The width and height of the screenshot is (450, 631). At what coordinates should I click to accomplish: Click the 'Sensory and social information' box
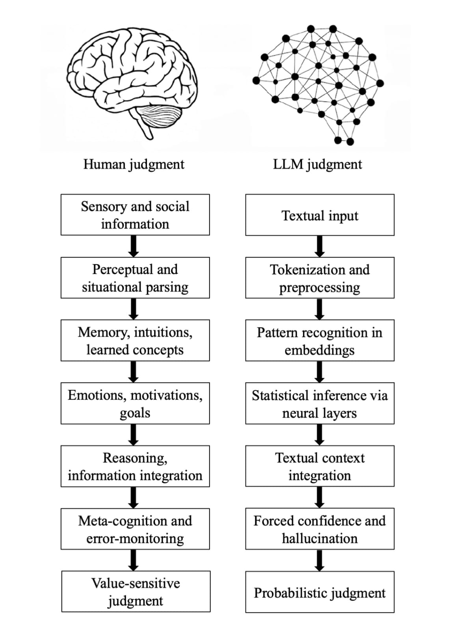(x=135, y=215)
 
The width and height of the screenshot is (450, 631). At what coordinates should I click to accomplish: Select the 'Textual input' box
(x=320, y=215)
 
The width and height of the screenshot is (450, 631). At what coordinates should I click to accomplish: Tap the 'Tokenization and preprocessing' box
(x=320, y=278)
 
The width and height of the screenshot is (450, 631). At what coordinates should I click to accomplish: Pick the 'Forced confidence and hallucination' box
(x=320, y=529)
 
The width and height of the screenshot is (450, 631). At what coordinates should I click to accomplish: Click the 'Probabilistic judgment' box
(x=320, y=592)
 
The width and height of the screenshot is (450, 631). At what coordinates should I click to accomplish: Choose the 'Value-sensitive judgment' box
(x=136, y=591)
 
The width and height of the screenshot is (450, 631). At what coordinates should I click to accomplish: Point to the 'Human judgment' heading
(x=134, y=164)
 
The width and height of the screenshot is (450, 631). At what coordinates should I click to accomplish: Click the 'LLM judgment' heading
(x=317, y=164)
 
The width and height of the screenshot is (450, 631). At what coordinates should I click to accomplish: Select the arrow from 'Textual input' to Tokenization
(x=320, y=246)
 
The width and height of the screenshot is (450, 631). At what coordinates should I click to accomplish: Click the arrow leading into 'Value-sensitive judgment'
(x=134, y=560)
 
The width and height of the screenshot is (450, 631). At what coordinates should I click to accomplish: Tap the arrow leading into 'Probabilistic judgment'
(x=320, y=560)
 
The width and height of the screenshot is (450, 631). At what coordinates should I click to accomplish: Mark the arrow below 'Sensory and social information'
(x=134, y=246)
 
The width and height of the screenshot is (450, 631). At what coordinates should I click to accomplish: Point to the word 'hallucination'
(x=320, y=538)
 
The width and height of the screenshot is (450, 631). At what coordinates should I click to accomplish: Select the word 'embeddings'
(x=320, y=350)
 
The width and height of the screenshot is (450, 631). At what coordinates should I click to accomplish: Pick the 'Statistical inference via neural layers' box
(x=320, y=403)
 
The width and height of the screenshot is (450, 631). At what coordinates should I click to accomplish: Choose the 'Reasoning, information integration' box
(x=135, y=466)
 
